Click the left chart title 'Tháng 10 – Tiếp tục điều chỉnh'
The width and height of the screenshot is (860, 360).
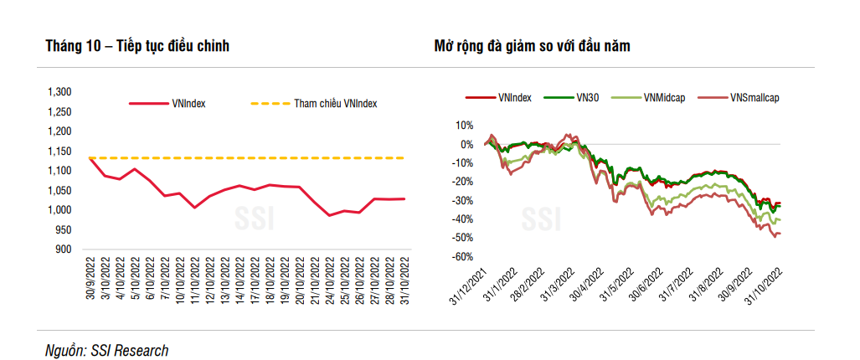[x=137, y=46]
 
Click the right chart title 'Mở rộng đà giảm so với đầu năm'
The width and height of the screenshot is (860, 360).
[x=543, y=46]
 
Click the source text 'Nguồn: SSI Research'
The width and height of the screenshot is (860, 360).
[x=106, y=350]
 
